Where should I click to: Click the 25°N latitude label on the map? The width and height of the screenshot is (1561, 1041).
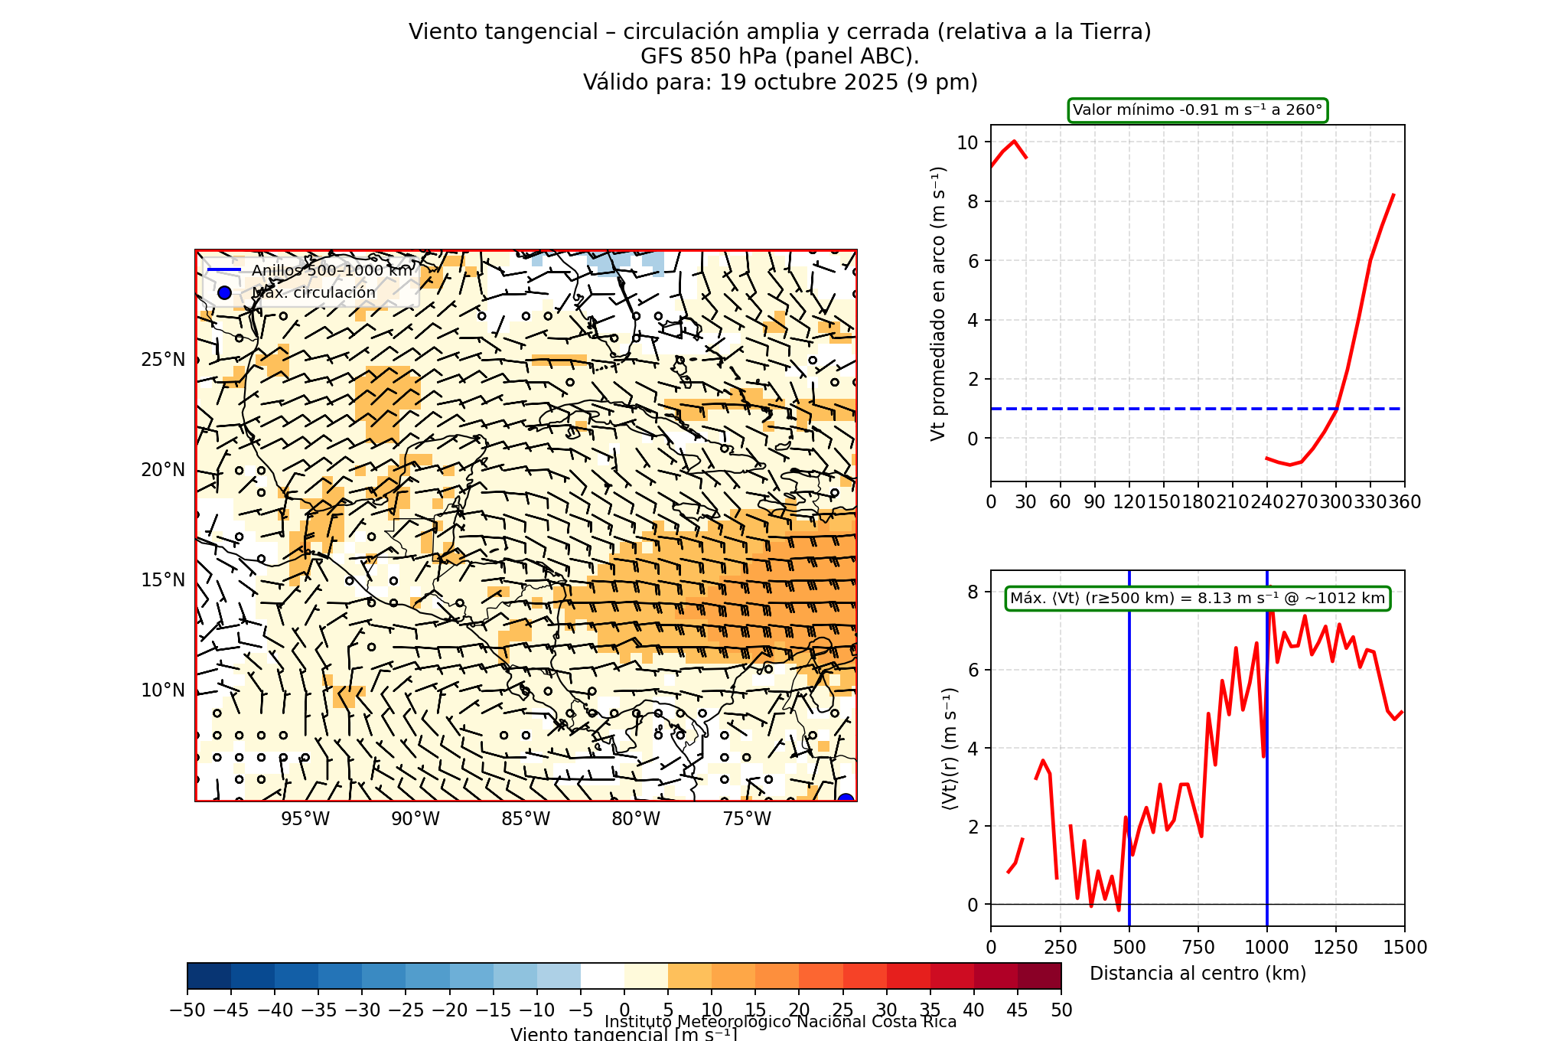(x=163, y=360)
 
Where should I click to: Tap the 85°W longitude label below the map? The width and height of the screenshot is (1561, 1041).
(x=526, y=819)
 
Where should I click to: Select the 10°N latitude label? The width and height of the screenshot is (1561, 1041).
(x=163, y=690)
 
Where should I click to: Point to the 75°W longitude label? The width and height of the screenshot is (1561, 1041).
(x=747, y=819)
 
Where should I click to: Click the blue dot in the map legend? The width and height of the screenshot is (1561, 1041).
(x=224, y=292)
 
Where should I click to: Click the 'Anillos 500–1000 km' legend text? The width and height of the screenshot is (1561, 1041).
(x=332, y=270)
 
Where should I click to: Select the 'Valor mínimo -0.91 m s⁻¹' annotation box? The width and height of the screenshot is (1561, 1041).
(x=1198, y=110)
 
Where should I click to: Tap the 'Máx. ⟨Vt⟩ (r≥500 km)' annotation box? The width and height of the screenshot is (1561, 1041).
(x=1198, y=599)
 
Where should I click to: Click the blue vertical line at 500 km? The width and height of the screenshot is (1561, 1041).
(x=1129, y=727)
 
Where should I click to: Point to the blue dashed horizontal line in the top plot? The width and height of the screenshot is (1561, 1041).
(x=1148, y=409)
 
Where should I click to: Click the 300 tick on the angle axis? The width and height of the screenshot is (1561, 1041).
(x=1336, y=502)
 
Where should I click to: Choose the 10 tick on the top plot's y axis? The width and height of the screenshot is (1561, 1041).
(x=967, y=142)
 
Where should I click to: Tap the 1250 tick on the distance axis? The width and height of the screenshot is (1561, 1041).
(x=1336, y=948)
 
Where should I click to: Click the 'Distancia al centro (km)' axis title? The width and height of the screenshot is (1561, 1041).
(x=1198, y=974)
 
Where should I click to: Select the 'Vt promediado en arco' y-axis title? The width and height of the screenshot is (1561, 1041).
(x=938, y=303)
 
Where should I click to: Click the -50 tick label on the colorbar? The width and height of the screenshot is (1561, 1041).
(x=187, y=1010)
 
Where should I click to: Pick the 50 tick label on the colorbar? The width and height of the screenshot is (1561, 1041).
(x=1061, y=1010)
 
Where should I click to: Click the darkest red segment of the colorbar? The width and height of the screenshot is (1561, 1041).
(x=1039, y=976)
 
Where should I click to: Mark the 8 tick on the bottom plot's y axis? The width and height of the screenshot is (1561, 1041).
(x=973, y=592)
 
